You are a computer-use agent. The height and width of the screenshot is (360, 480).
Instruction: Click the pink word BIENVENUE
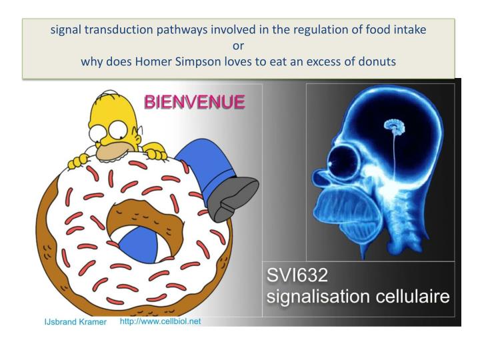pos(194,103)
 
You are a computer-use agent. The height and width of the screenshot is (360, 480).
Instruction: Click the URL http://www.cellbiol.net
pos(160,321)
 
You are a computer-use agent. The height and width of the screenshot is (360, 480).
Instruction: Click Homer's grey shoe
pos(233,198)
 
